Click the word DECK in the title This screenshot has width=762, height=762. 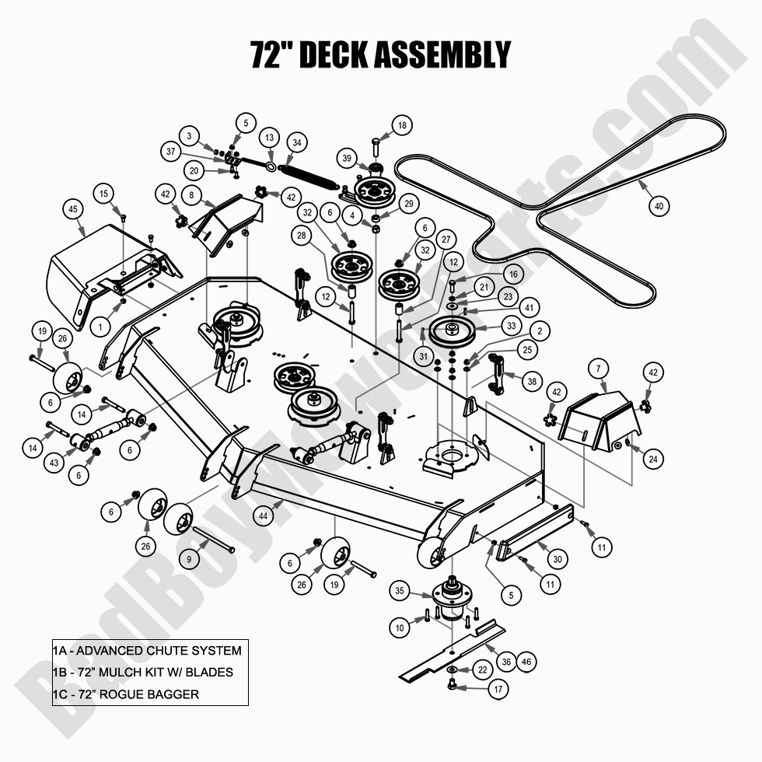coord(332,54)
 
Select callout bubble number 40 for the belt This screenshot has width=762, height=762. coord(659,206)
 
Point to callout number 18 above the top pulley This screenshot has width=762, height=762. coord(402,124)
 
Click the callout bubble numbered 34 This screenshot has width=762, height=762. coord(296,142)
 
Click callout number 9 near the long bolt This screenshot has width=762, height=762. coord(189,558)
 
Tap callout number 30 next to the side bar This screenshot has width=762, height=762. coord(557,558)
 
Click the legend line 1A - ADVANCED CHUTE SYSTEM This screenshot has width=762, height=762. coord(147,650)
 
